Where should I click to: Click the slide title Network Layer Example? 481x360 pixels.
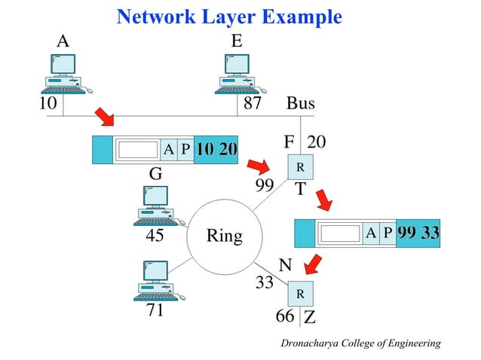tap(229, 17)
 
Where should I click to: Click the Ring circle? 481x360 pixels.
tap(224, 236)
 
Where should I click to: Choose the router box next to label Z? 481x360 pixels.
tap(299, 294)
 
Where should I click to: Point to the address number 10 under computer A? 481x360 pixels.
tap(48, 104)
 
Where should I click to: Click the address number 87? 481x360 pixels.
tap(251, 104)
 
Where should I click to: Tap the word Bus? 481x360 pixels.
tap(300, 104)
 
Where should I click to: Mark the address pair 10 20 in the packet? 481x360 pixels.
tap(216, 150)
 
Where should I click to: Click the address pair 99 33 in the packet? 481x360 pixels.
tap(418, 233)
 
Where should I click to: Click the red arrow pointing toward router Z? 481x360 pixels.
tap(312, 264)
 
